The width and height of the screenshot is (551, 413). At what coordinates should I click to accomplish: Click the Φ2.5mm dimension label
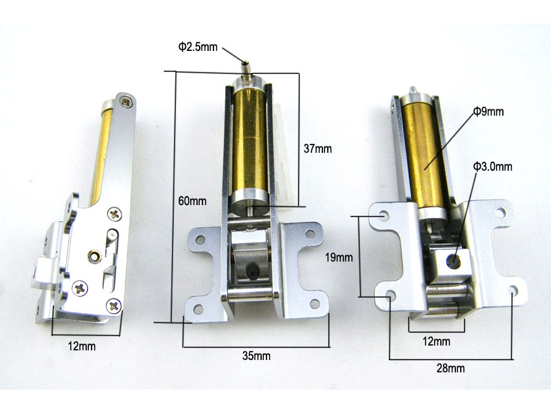point(198,47)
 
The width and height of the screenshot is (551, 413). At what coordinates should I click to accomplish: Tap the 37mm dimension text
point(318,149)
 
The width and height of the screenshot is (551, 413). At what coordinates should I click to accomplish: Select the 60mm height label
point(192,201)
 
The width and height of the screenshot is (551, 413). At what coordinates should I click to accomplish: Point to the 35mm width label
point(256,356)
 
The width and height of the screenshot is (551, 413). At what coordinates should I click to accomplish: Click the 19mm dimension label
point(339,257)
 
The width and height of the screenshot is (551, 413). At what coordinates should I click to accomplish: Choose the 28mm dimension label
point(450,368)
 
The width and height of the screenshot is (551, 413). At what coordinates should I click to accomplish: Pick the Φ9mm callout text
point(488,112)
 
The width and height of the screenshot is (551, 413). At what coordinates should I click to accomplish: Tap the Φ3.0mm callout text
point(492,166)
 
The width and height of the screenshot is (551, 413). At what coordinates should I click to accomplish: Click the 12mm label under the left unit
point(81,346)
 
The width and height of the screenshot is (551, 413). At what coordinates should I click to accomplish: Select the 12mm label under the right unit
point(436,341)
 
